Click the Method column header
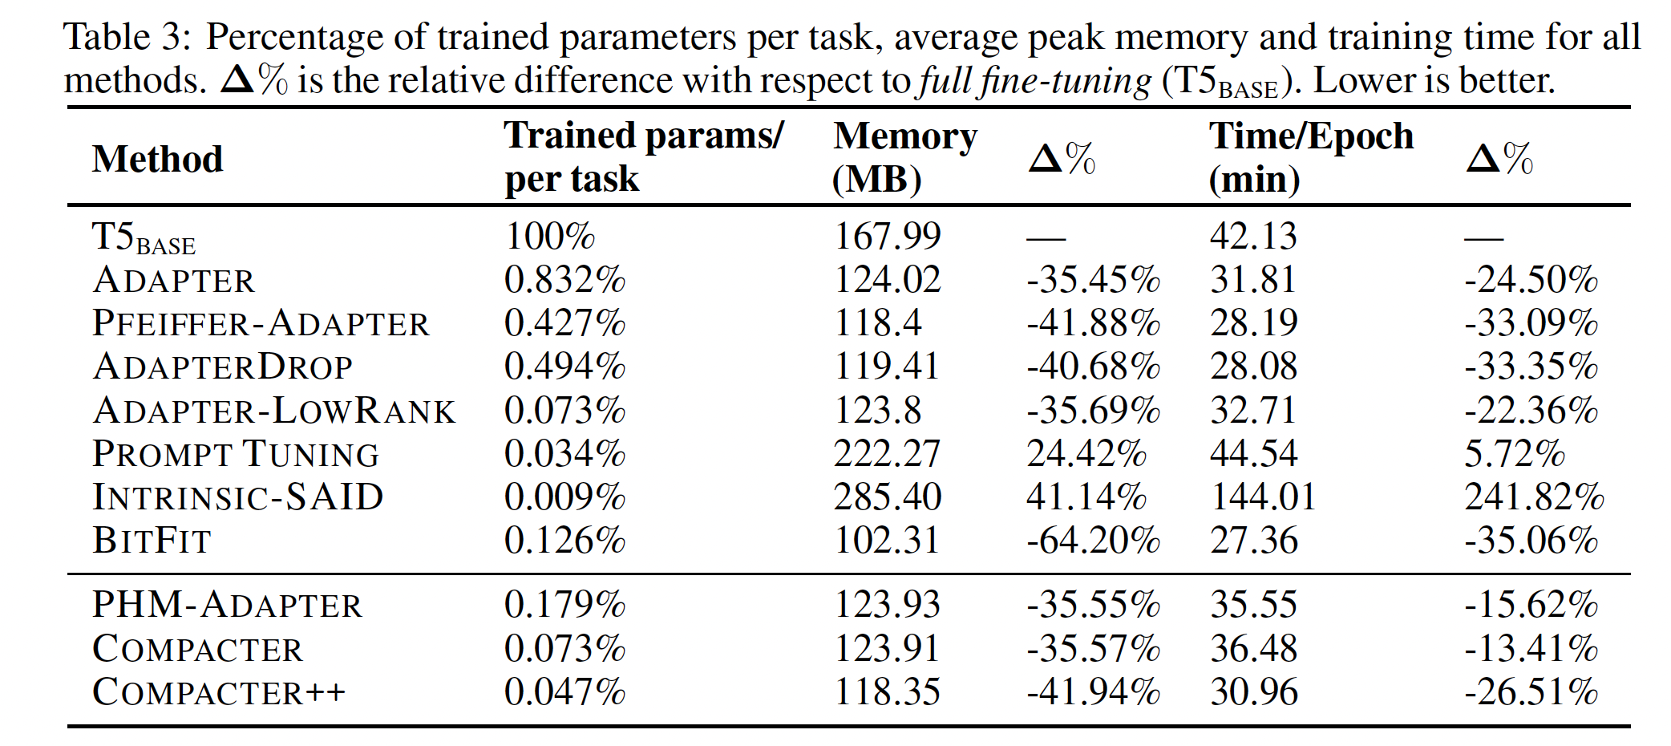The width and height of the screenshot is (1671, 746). [157, 159]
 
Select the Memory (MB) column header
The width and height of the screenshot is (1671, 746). [904, 157]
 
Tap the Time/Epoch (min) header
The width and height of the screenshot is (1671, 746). [1310, 157]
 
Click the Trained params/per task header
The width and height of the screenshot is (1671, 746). [643, 157]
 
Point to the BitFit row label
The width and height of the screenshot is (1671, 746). [152, 541]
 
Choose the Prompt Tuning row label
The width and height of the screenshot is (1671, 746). [235, 454]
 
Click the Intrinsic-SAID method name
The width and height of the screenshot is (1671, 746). [237, 497]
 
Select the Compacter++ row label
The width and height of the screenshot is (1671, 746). [218, 692]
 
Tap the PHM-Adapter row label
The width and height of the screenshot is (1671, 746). [227, 605]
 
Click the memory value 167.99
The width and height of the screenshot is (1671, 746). [888, 237]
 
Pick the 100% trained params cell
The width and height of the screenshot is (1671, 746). [549, 237]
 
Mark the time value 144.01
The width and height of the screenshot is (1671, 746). [1263, 497]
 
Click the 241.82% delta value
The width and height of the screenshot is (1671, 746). [1533, 497]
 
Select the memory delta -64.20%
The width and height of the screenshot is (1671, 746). [1093, 541]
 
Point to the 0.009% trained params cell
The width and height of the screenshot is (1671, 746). [564, 497]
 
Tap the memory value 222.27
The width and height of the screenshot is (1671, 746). [887, 454]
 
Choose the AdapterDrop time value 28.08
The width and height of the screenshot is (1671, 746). [1253, 367]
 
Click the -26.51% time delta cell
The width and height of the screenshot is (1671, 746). [1531, 692]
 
